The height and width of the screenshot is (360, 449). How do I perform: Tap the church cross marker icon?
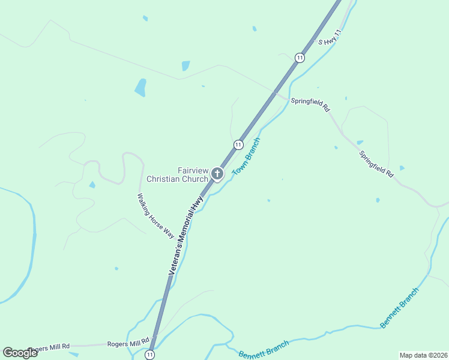(x=217, y=175)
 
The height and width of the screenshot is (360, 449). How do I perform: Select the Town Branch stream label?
(x=246, y=156)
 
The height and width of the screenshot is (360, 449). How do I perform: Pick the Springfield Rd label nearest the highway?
(x=310, y=105)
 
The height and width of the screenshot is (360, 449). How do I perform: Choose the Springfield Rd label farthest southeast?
(x=376, y=163)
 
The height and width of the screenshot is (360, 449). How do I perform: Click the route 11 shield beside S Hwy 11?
(x=299, y=58)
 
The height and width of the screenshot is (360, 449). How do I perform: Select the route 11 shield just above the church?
(x=238, y=145)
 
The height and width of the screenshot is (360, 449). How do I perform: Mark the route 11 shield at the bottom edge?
(x=149, y=355)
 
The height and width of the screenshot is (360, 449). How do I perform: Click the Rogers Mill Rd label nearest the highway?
(x=128, y=343)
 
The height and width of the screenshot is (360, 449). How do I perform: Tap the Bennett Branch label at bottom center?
(x=264, y=349)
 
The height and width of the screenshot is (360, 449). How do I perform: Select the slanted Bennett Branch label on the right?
(x=399, y=308)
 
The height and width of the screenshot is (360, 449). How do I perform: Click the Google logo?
(x=20, y=353)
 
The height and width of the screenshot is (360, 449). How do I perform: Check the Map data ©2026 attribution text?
(x=423, y=355)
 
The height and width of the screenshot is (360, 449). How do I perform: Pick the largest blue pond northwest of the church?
(x=140, y=88)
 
